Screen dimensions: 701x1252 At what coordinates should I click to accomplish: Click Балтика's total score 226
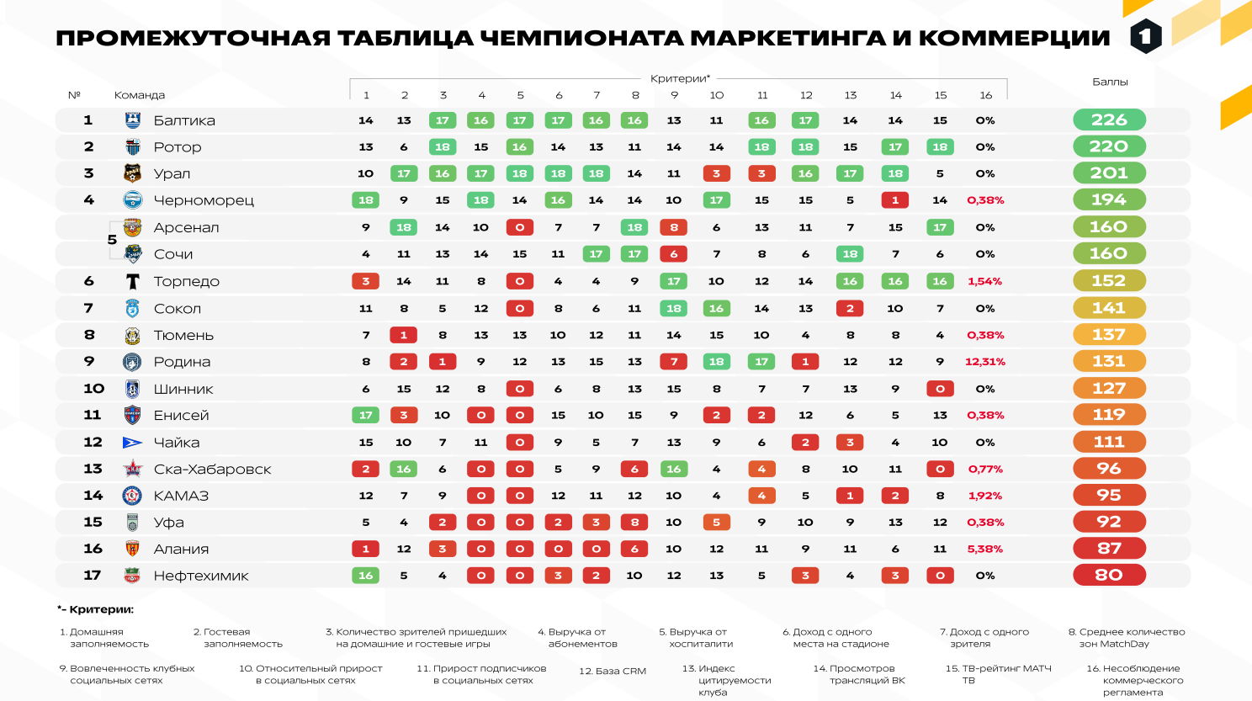[x=1109, y=120]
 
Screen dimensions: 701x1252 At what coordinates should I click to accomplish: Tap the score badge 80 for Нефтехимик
[x=1109, y=576]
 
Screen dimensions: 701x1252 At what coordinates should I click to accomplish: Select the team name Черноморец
[x=204, y=200]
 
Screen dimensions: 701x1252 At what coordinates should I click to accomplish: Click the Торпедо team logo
[x=132, y=281]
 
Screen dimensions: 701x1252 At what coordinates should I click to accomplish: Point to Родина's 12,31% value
[x=985, y=362]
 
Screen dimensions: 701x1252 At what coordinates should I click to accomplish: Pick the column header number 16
[x=985, y=95]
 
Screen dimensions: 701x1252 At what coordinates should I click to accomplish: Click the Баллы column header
[x=1110, y=82]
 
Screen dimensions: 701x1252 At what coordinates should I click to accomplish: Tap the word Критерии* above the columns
[x=680, y=78]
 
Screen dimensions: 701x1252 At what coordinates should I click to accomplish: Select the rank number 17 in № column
[x=93, y=576]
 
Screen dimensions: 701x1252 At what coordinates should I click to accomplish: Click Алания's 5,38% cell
[x=985, y=549]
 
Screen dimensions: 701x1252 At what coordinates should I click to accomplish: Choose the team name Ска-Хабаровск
[x=212, y=470]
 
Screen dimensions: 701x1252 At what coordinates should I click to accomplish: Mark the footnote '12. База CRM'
[x=613, y=672]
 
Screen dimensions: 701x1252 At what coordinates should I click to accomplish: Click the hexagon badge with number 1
[x=1145, y=36]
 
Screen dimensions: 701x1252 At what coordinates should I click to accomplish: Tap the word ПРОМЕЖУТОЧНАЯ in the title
[x=193, y=39]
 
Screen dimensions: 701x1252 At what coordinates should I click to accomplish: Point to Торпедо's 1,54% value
[x=985, y=281]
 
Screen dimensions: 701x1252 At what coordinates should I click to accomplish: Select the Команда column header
[x=140, y=95]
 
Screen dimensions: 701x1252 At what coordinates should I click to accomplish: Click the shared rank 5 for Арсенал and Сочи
[x=112, y=240]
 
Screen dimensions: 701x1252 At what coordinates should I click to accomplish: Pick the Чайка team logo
[x=132, y=443]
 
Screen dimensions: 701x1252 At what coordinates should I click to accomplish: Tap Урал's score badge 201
[x=1109, y=173]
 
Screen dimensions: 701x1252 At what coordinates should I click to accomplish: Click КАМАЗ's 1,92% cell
[x=985, y=496]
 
